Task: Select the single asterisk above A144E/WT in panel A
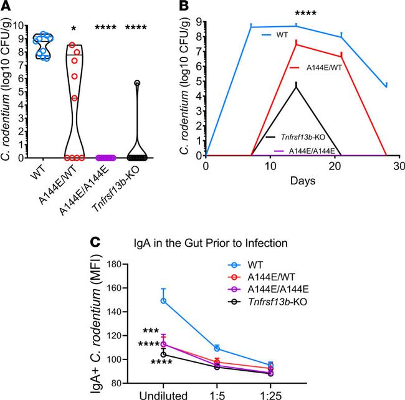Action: (74, 29)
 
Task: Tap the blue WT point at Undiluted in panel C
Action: (163, 300)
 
